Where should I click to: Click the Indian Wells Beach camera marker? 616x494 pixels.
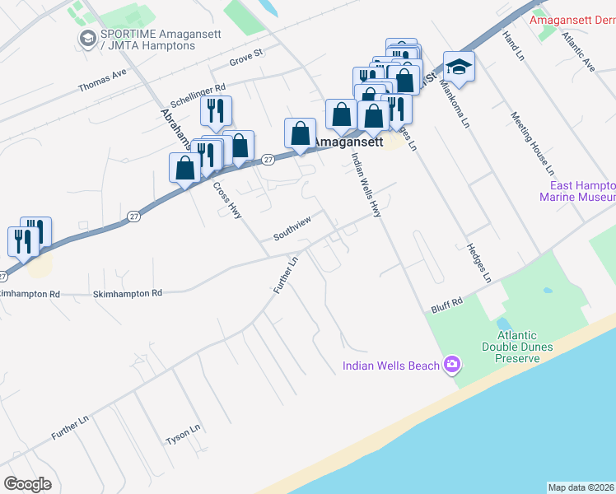[x=451, y=364]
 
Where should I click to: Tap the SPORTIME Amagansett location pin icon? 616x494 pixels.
[x=86, y=39]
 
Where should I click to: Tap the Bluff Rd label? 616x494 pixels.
[x=447, y=304]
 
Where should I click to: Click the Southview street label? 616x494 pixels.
[x=292, y=234]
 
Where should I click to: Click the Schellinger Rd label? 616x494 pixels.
[x=198, y=93]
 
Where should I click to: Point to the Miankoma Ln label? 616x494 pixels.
[x=454, y=103]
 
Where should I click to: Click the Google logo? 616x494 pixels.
[x=28, y=484]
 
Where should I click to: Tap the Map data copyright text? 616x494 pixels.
[x=581, y=487]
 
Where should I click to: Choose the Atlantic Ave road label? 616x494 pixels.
[x=577, y=51]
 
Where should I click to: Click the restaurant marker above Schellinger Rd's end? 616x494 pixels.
[x=216, y=110]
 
